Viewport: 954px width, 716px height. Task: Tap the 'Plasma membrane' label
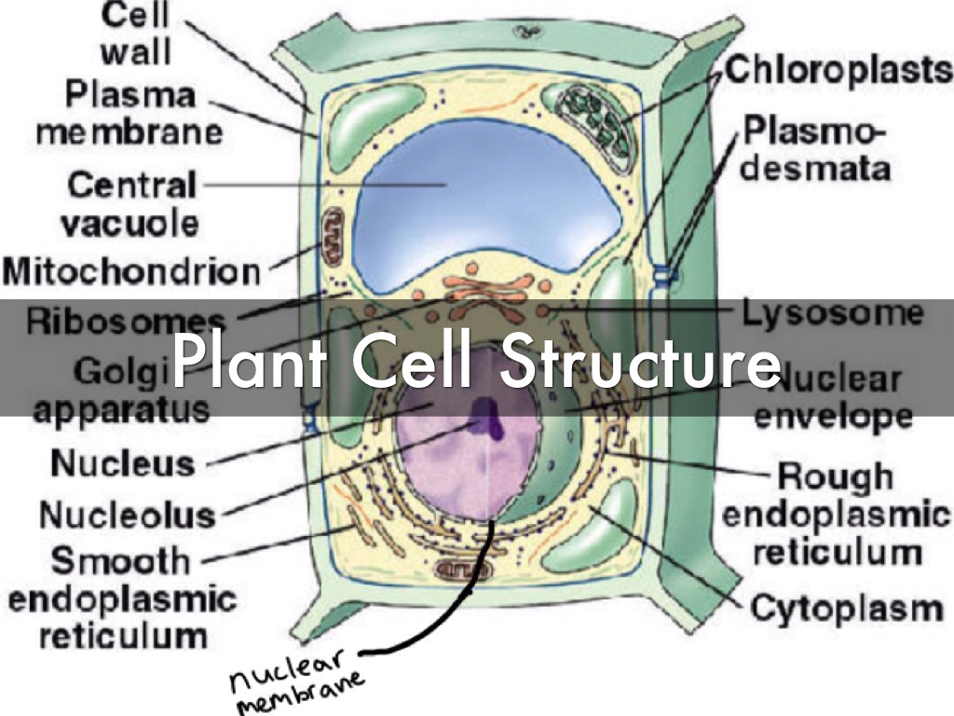point(130,112)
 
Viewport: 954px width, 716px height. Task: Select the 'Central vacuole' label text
point(132,203)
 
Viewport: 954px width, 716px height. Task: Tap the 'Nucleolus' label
point(128,514)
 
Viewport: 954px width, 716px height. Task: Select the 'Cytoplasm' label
point(847,610)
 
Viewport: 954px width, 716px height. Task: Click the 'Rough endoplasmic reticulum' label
point(837,515)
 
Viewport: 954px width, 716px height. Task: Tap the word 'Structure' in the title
point(639,359)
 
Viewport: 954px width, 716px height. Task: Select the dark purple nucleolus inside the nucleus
point(485,417)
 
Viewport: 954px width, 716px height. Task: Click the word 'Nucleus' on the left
point(122,462)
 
